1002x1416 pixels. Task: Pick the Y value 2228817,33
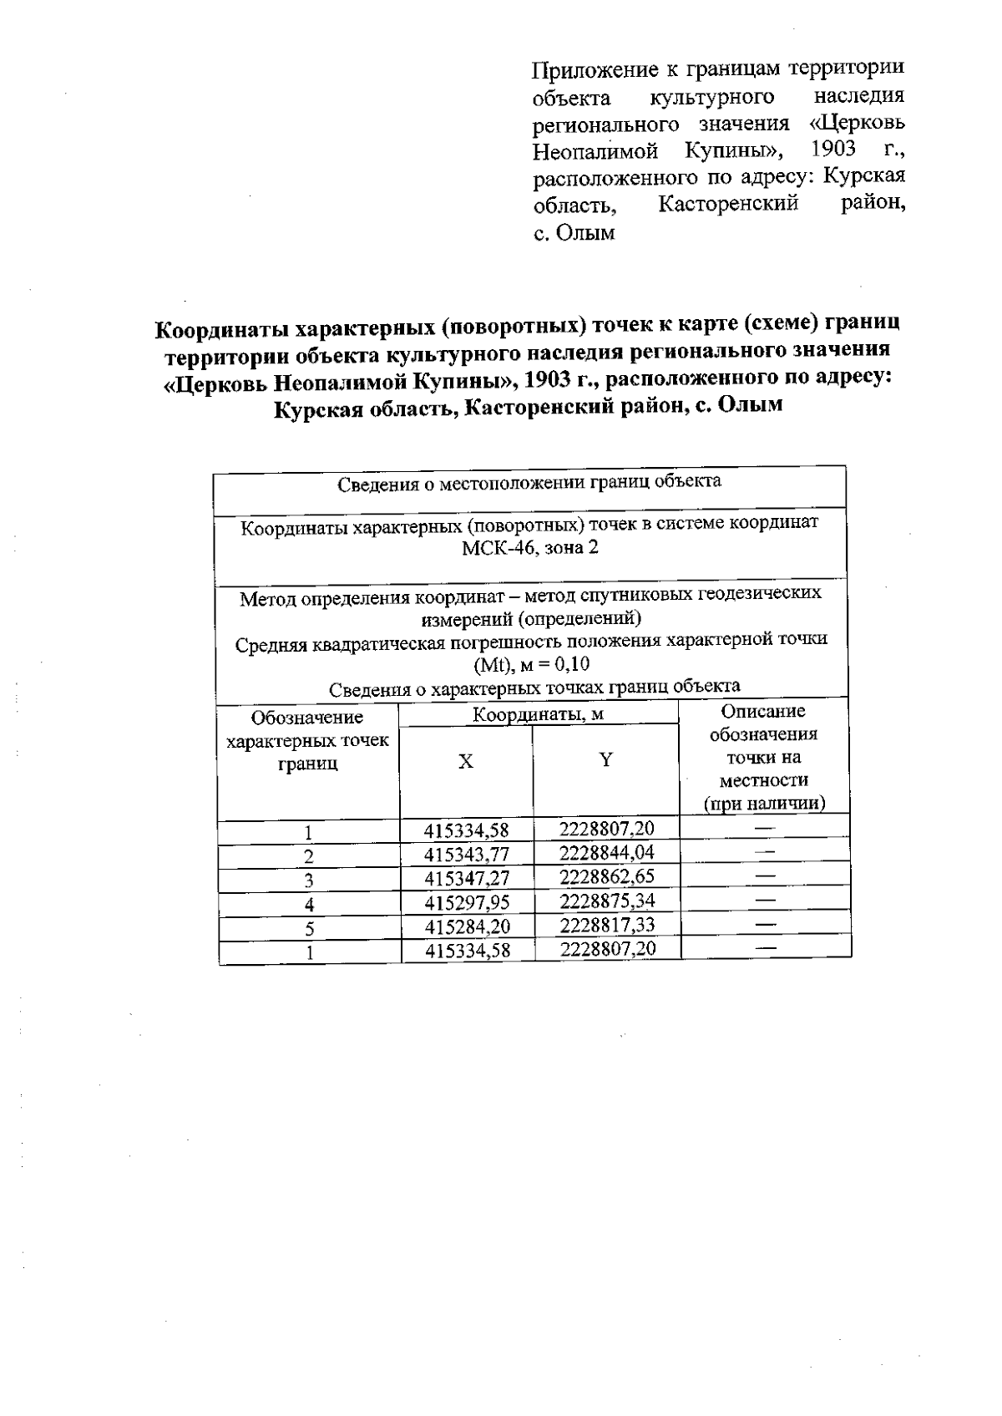607,925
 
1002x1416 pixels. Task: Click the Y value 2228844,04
607,852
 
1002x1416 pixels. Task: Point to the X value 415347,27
467,878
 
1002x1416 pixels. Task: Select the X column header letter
466,761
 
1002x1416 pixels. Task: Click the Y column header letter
606,759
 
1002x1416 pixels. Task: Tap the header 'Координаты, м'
538,715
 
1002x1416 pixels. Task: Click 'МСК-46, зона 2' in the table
530,548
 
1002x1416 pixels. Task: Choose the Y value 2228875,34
607,901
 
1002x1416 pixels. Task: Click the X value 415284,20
467,926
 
